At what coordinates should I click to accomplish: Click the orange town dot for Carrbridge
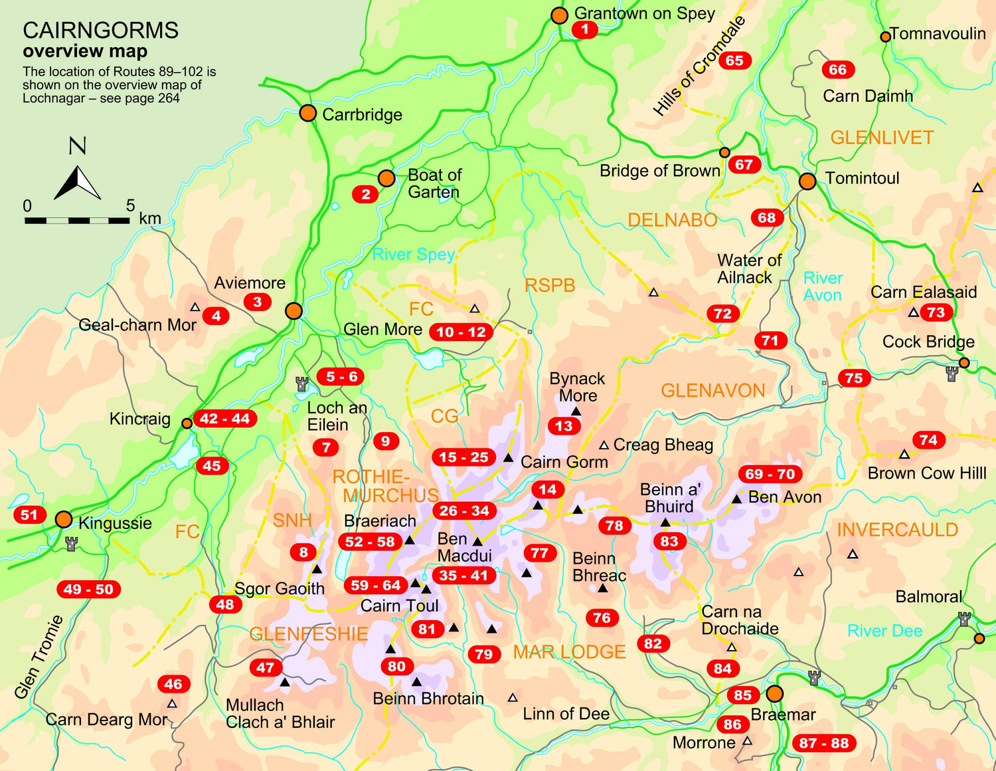[x=307, y=113]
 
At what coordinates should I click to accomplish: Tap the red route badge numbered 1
[x=585, y=30]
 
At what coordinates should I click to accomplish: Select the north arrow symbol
[x=77, y=183]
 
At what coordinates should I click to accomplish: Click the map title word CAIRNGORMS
[x=100, y=31]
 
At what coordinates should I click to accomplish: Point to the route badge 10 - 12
[x=461, y=332]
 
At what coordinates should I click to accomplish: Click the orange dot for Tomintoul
[x=807, y=181]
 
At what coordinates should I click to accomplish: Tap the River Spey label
[x=413, y=255]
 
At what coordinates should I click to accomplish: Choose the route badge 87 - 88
[x=823, y=743]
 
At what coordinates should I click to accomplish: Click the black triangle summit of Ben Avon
[x=736, y=498]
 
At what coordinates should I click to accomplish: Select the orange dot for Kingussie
[x=64, y=519]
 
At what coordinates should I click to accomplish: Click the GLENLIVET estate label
[x=882, y=138]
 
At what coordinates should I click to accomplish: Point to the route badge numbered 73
[x=936, y=312]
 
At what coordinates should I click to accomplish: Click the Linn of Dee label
[x=566, y=714]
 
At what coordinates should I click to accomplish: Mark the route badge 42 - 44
[x=224, y=419]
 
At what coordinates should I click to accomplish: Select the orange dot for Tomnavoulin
[x=885, y=37]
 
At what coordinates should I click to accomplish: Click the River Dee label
[x=884, y=631]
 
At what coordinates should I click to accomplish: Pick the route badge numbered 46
[x=173, y=684]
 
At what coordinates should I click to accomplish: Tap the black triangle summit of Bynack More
[x=576, y=411]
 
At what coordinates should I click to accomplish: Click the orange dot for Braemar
[x=775, y=694]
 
